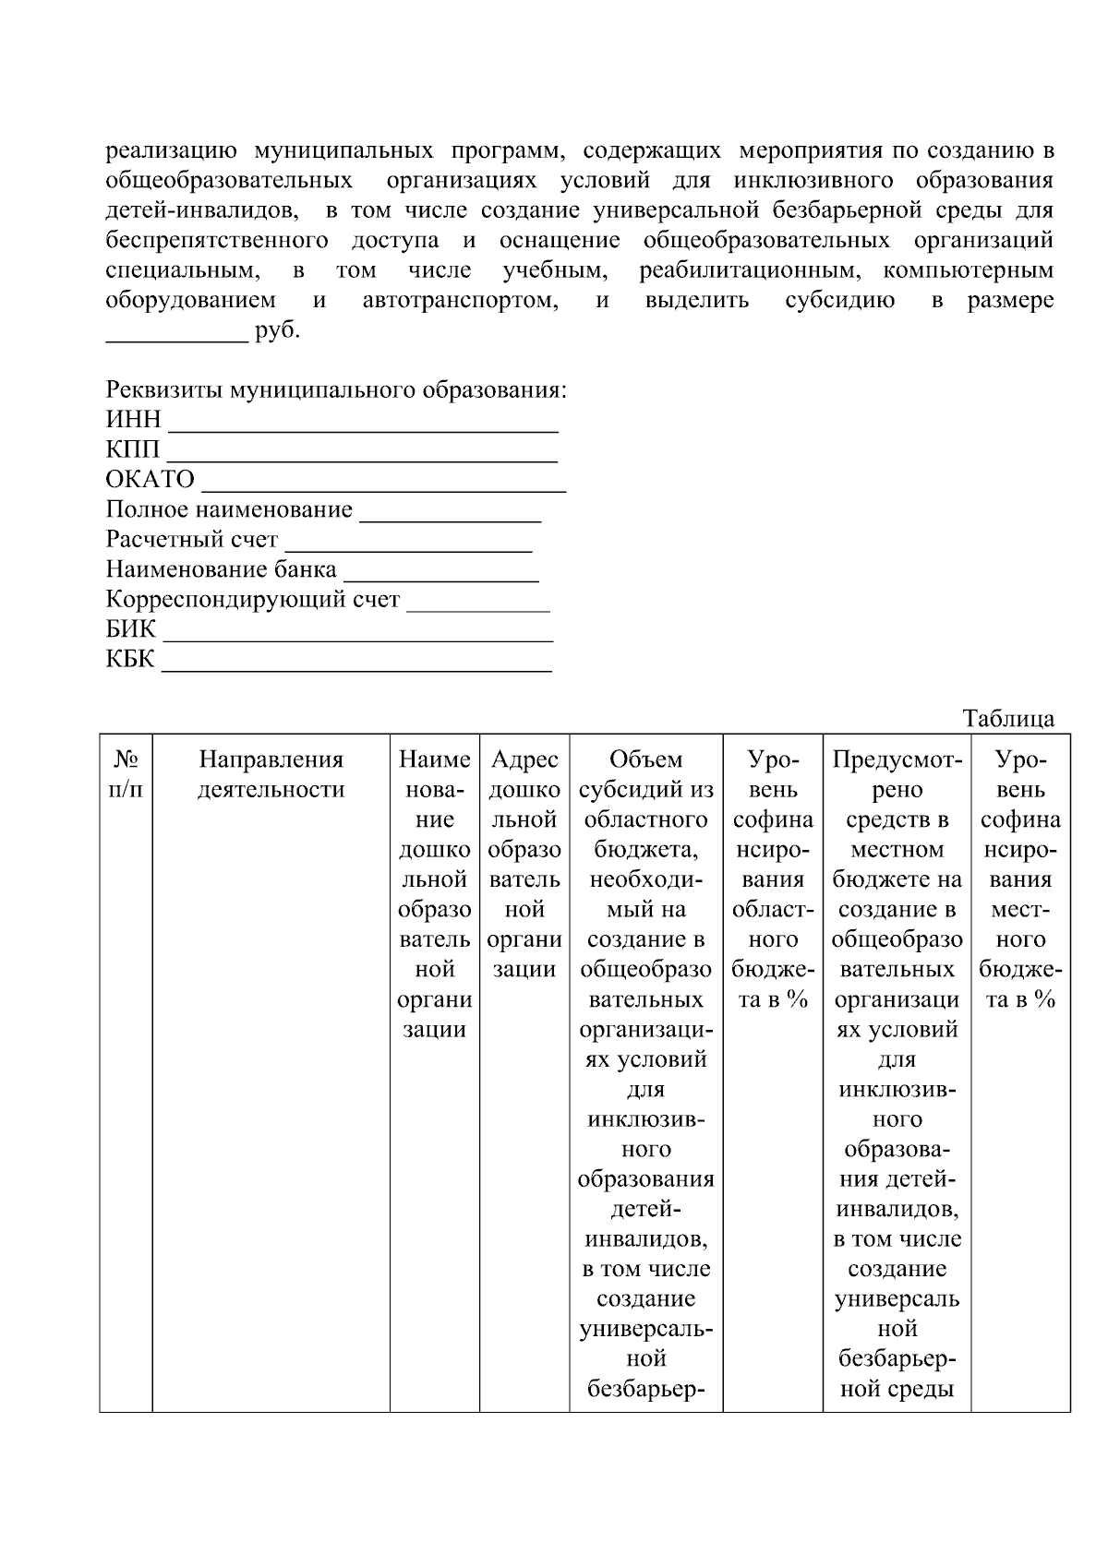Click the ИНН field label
(133, 420)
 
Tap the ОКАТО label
(150, 480)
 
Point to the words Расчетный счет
(191, 539)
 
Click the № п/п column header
(126, 774)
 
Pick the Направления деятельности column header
(271, 774)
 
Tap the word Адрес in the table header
(524, 759)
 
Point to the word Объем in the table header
(645, 759)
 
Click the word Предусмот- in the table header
(897, 759)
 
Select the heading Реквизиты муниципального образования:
(335, 389)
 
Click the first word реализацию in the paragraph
(171, 150)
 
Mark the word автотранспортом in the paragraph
(460, 301)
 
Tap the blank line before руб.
(176, 338)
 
